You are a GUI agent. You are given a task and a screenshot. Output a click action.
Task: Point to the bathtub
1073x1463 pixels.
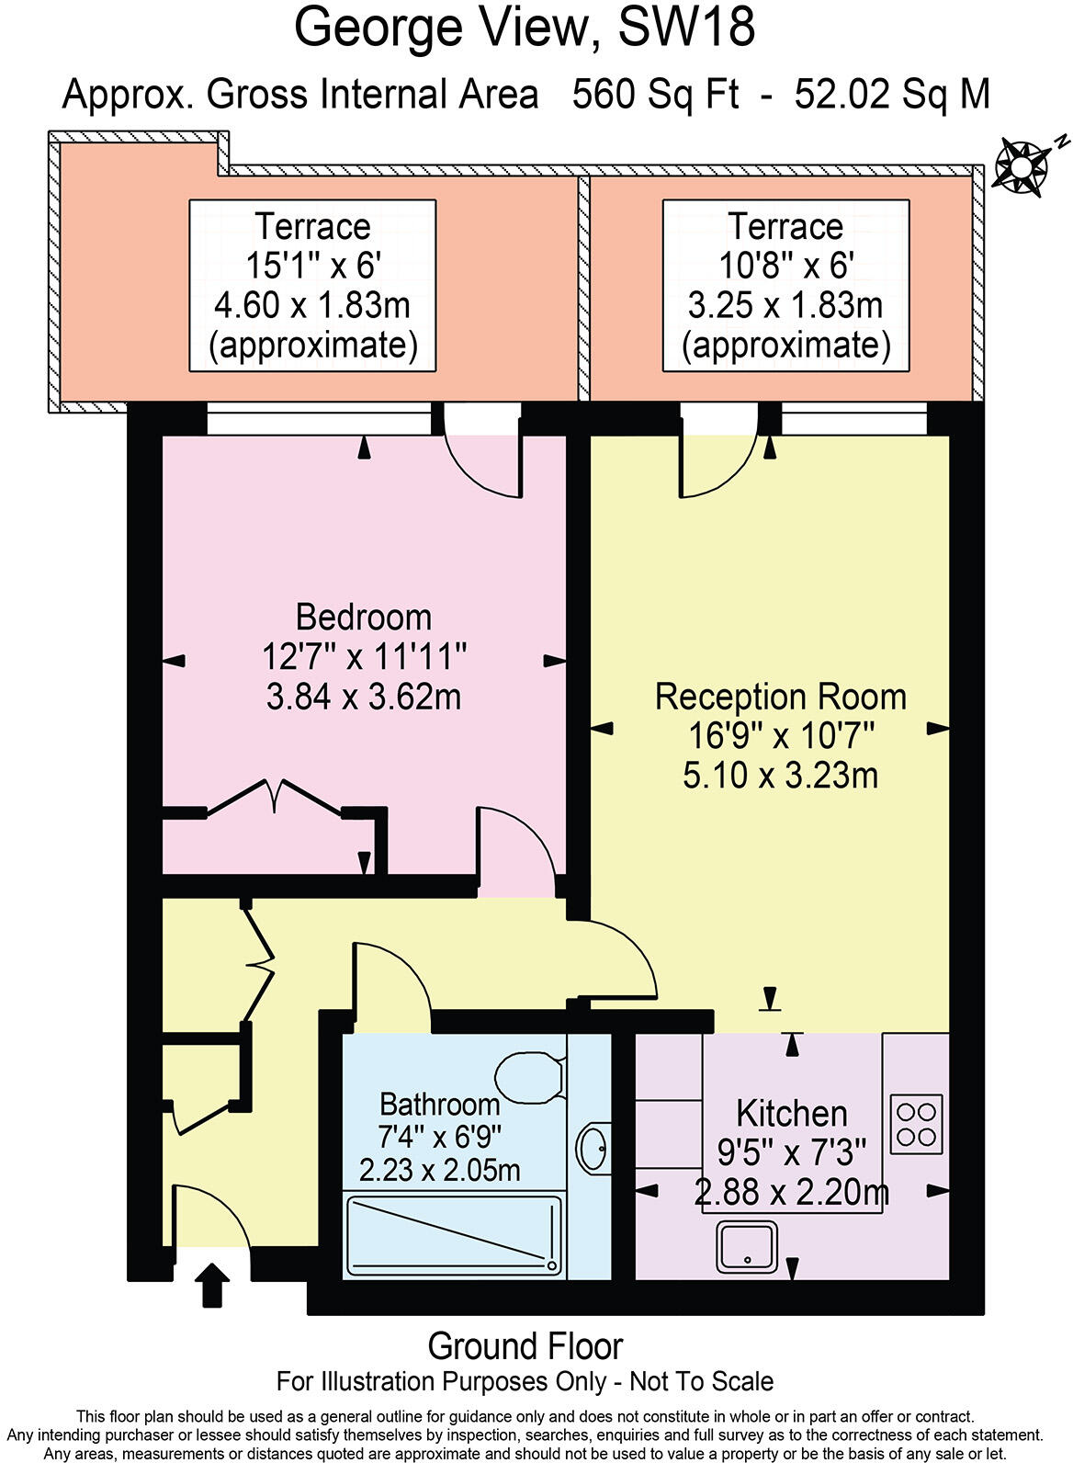453,1234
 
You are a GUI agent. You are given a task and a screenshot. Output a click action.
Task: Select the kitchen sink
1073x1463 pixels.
747,1246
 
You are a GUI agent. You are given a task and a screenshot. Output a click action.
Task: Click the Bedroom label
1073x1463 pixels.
364,617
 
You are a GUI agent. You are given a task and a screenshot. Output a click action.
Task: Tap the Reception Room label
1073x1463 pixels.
780,697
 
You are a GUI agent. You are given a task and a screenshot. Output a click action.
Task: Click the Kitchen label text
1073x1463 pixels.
791,1113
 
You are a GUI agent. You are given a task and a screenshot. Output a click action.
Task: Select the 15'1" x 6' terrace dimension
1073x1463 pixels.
312,266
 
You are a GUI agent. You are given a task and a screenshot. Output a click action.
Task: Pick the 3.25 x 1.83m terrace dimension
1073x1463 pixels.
785,305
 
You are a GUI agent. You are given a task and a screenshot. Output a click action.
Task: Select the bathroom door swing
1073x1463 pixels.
390,979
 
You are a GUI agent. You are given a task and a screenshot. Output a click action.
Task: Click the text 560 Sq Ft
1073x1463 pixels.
655,94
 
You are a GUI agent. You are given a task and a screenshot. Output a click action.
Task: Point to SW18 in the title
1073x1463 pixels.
687,28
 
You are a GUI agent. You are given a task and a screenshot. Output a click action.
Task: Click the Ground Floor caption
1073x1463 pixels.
525,1346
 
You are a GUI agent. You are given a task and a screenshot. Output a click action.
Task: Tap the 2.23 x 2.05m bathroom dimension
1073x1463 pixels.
439,1170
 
